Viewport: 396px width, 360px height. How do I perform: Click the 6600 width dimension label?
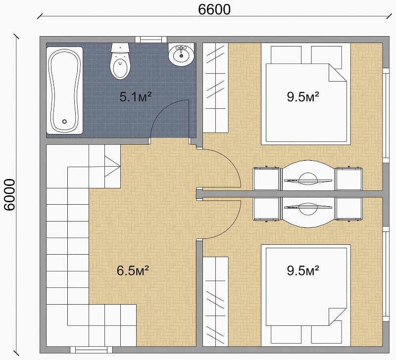click(214, 9)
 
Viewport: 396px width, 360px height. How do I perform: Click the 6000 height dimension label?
click(10, 195)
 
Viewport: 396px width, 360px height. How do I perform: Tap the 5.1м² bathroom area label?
click(135, 97)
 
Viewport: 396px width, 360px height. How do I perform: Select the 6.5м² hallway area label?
click(133, 270)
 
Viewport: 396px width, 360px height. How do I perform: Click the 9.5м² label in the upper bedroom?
click(303, 96)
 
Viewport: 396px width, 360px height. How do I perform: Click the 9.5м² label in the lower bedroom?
click(303, 270)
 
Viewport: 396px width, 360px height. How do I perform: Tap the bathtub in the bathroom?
click(65, 90)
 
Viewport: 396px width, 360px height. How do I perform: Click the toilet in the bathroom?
click(120, 61)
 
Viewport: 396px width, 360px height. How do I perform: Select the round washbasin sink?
click(181, 55)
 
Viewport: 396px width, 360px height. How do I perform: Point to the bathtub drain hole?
click(64, 121)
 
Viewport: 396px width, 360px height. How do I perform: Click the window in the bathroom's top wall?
click(151, 40)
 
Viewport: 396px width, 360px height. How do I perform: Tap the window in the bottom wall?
click(92, 350)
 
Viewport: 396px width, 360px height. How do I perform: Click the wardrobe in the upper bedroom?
click(216, 88)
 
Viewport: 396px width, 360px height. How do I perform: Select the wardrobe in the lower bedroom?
click(216, 302)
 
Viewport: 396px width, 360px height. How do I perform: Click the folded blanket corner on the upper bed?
click(338, 72)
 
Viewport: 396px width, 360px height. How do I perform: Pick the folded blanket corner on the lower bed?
click(338, 316)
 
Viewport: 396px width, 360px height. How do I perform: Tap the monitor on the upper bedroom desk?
click(308, 180)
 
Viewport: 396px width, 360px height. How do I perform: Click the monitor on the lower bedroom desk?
click(308, 208)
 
